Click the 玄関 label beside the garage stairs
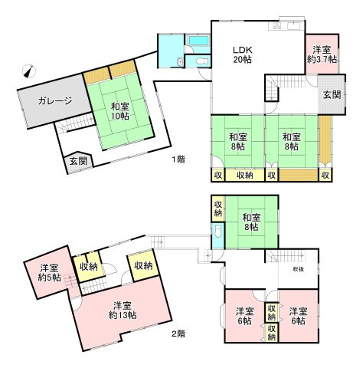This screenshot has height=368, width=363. (77, 161)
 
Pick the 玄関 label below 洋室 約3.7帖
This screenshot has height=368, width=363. (332, 95)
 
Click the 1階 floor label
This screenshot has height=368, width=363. (178, 159)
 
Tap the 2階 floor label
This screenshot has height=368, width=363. (178, 333)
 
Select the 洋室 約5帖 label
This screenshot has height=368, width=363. (46, 273)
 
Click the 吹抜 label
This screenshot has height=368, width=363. (298, 269)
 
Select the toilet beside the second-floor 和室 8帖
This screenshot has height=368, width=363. (217, 234)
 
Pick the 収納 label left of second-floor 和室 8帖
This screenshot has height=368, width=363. (217, 207)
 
